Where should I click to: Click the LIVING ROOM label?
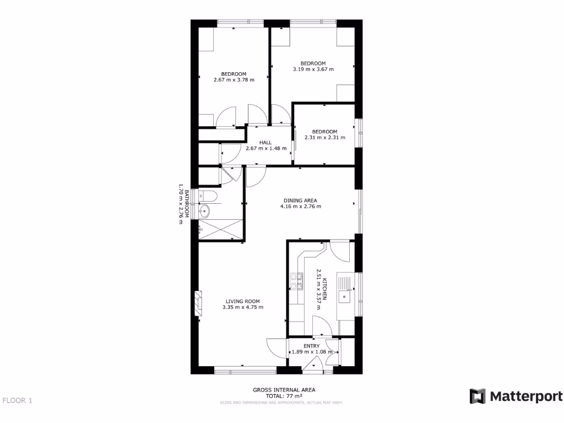click(x=242, y=301)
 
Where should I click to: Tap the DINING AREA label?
click(x=300, y=200)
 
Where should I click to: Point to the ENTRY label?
click(x=312, y=346)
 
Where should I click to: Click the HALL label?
click(x=265, y=142)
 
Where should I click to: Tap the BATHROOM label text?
click(x=187, y=204)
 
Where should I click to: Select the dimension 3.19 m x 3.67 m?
click(x=313, y=69)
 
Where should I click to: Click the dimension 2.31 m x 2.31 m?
click(x=324, y=137)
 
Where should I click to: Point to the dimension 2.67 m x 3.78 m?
click(x=234, y=80)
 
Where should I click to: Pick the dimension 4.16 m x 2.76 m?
click(x=300, y=207)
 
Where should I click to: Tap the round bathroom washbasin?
click(x=204, y=210)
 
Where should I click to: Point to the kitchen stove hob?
click(x=297, y=282)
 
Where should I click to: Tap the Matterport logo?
click(x=516, y=397)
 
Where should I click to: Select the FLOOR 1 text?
click(x=17, y=400)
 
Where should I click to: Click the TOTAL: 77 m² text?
click(x=284, y=396)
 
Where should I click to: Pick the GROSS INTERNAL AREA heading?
click(x=284, y=390)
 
